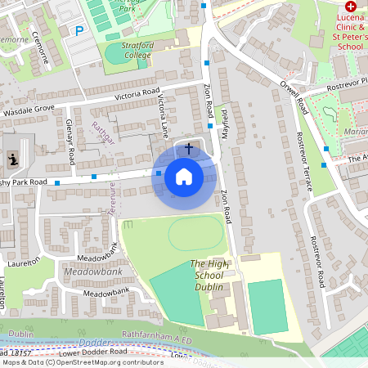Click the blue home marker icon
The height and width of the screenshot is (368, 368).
click(x=184, y=176)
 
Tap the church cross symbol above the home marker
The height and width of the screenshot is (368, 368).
click(x=189, y=149)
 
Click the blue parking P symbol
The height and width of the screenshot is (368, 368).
click(x=79, y=31)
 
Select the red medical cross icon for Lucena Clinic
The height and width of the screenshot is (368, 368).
click(x=351, y=7)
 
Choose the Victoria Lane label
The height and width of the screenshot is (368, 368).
click(x=163, y=114)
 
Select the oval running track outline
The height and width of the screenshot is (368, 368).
click(x=195, y=234)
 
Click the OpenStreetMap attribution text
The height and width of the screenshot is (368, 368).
click(x=82, y=362)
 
